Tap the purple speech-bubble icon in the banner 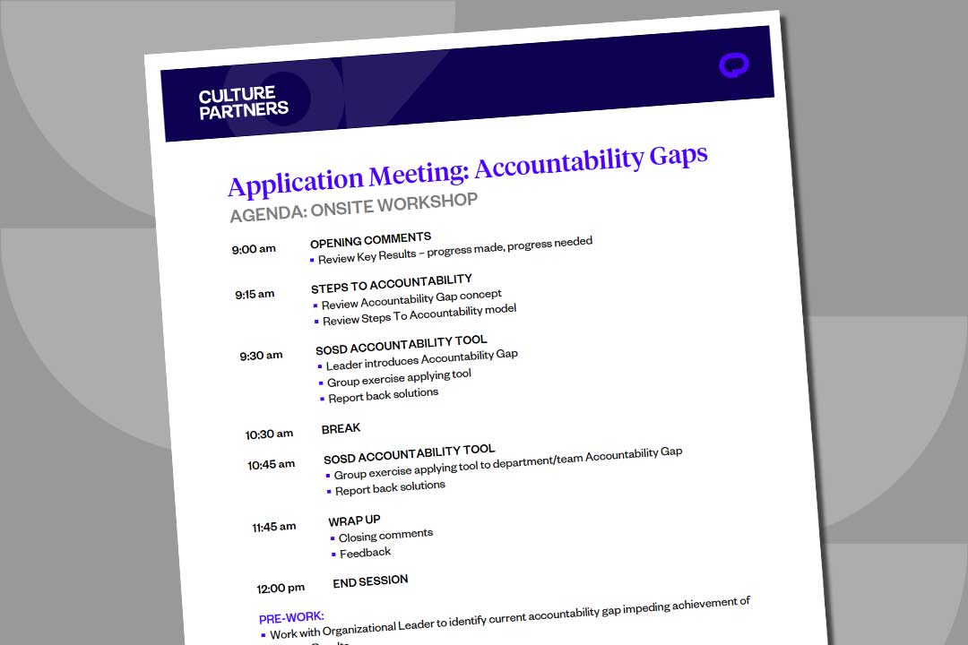click(733, 65)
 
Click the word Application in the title click(296, 180)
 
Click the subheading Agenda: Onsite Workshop click(353, 208)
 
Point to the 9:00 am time click(254, 249)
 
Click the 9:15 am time click(255, 294)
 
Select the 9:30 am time click(261, 356)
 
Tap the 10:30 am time click(269, 434)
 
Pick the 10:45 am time click(272, 465)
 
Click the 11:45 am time click(274, 527)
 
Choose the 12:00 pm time click(281, 589)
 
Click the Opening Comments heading click(370, 240)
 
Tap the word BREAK click(341, 429)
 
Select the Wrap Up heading click(354, 520)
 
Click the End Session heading click(370, 581)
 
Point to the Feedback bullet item click(365, 553)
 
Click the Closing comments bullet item click(385, 536)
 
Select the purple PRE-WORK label click(291, 617)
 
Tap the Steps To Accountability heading click(391, 283)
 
